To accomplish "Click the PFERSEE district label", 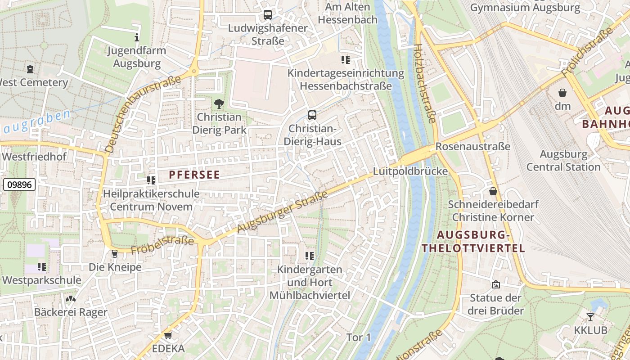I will (x=194, y=175).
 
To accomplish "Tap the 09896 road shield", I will (x=19, y=184).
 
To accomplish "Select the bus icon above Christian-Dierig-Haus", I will (x=312, y=115).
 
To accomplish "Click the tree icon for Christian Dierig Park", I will (x=219, y=104).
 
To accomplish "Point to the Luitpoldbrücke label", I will (x=410, y=171).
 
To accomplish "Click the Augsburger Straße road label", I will (x=282, y=212).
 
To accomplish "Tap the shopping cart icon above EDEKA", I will (x=168, y=335).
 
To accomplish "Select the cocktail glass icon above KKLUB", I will (x=590, y=317).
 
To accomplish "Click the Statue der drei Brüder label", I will (x=495, y=304).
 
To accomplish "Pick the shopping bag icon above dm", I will (x=562, y=93).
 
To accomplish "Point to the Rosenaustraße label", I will (x=472, y=147).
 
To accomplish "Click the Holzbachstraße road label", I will (x=425, y=83).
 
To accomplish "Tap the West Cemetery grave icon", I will (x=30, y=69).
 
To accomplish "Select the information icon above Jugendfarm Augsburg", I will (x=137, y=37).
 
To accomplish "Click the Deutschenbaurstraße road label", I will (x=142, y=113).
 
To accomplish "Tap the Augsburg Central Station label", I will (x=563, y=161).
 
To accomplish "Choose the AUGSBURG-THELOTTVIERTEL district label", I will (x=473, y=242).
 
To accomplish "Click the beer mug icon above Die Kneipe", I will (x=114, y=254).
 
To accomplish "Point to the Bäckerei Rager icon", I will (x=71, y=299).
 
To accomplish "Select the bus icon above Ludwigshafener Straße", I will (x=268, y=15).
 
